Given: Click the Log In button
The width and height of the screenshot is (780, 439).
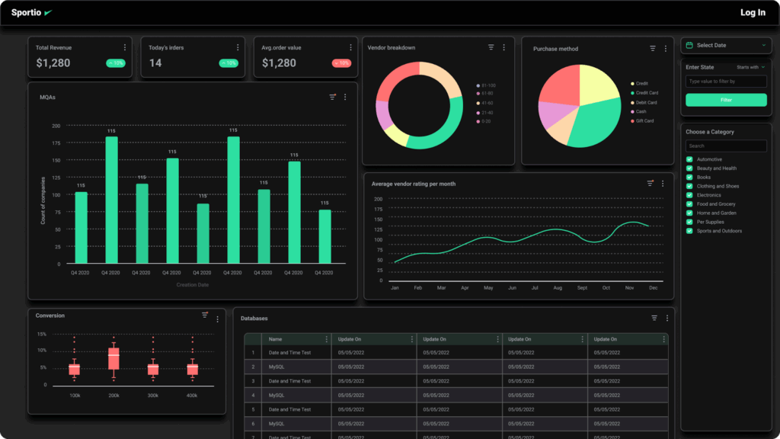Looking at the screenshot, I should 753,12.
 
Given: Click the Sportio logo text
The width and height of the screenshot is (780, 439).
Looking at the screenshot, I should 26,12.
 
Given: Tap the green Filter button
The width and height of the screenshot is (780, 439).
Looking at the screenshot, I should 725,100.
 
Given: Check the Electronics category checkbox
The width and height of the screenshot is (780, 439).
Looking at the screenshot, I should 689,195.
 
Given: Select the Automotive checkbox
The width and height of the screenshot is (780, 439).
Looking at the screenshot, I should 689,159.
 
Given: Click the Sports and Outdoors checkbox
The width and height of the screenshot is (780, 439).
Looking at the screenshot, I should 689,231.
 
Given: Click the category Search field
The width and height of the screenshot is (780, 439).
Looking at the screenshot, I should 725,146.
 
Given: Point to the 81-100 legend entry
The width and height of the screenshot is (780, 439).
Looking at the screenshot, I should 485,85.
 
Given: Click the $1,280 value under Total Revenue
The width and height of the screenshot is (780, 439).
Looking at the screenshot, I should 53,63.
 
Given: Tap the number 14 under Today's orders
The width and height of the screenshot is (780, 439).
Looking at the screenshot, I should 155,63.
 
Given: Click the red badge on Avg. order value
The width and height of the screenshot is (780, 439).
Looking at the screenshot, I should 340,63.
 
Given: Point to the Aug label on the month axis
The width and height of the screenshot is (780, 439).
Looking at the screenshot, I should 558,288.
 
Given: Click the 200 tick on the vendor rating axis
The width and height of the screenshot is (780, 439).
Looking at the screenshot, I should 378,199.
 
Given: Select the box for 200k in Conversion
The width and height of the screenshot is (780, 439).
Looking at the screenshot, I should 113,359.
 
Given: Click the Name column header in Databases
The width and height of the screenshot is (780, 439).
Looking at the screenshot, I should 276,339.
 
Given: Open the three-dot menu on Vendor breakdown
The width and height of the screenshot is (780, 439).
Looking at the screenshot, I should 503,47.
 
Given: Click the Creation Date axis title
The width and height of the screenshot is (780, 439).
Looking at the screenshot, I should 193,285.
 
